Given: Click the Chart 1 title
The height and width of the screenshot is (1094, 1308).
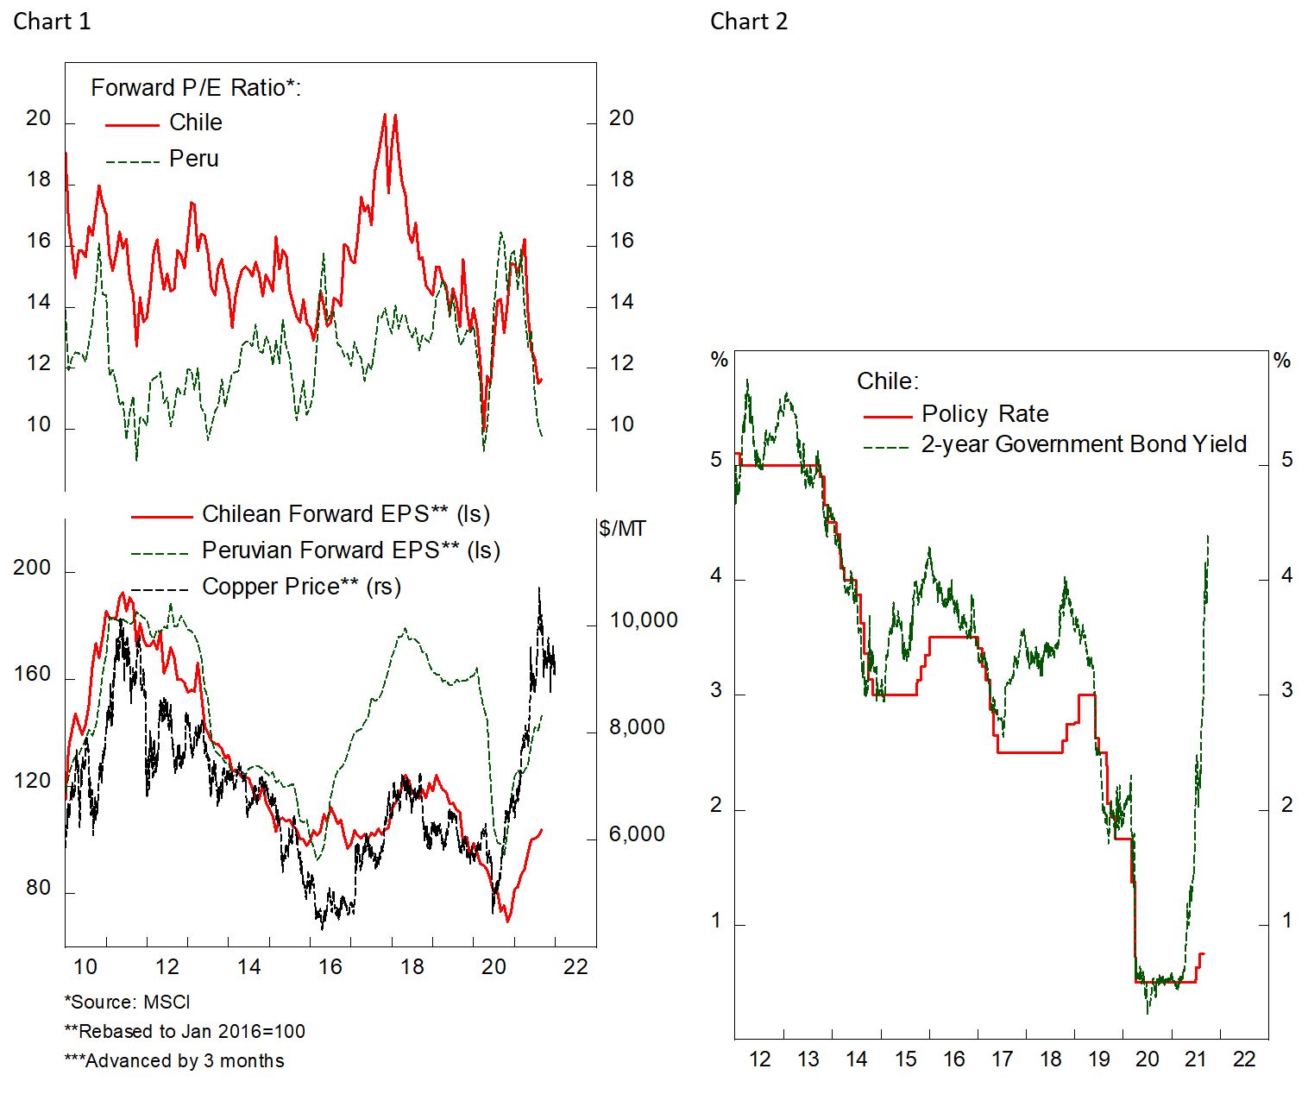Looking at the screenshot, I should point(52,22).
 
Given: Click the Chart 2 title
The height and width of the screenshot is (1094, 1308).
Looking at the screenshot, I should point(748,22).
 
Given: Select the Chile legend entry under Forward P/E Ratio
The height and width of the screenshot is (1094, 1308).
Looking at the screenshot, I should point(195,123).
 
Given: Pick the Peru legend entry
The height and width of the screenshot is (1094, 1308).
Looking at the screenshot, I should point(193,159).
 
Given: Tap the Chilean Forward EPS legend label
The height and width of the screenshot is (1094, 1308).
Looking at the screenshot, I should point(345,514).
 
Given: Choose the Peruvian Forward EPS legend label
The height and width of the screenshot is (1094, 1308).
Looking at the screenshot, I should point(350,550).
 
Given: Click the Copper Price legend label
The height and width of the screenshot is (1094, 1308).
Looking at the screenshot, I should point(301,587).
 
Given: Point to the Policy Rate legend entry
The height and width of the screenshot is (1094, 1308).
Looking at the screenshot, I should point(984,414).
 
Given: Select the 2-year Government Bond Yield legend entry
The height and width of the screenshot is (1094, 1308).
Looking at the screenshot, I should point(1084,444).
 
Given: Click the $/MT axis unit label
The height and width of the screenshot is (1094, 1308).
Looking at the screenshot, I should point(622,529).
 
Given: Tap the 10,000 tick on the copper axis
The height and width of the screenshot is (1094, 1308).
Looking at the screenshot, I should point(643,620).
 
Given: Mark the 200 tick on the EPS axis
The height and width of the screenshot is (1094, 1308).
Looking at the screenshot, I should point(32,568).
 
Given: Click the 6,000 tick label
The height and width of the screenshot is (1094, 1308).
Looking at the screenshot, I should point(637,834).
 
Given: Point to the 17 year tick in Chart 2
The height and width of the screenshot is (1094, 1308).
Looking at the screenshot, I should point(1002,1059).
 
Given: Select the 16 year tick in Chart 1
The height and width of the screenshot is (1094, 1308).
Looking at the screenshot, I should point(330,966).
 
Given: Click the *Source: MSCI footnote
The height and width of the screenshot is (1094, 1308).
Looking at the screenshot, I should point(127,1002).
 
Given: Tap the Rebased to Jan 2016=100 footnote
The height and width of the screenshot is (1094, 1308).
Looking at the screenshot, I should point(185,1031).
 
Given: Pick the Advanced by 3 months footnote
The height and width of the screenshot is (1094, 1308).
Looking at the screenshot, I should point(174,1060).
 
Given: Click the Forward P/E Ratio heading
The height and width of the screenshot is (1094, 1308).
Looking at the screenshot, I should point(196,88).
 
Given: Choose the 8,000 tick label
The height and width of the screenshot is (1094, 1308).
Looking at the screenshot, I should point(637,727).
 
